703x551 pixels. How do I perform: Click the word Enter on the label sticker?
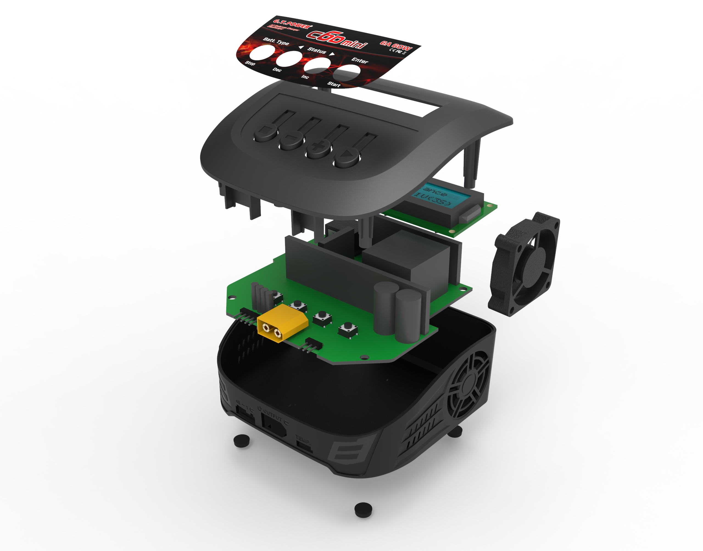[359, 60]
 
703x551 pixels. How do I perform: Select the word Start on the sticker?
[334, 84]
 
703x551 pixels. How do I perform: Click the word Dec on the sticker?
[277, 69]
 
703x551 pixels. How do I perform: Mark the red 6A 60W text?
[396, 46]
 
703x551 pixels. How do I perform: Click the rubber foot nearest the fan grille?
[455, 432]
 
